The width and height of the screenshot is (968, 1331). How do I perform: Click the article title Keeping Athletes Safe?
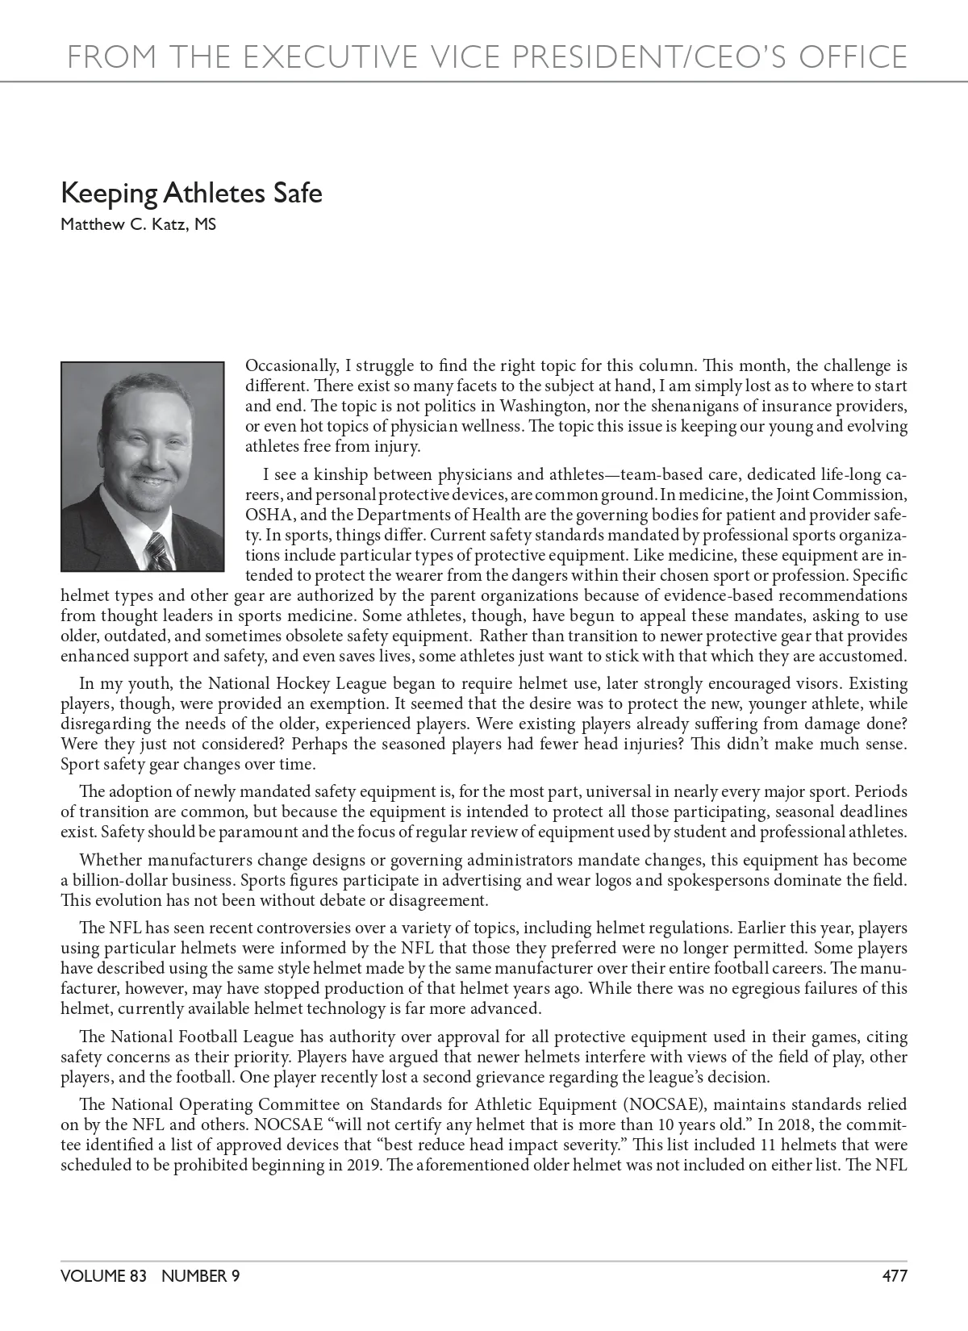click(x=191, y=194)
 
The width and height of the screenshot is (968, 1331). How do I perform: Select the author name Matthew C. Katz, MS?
click(x=138, y=224)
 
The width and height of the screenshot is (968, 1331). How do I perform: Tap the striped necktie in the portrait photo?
click(x=158, y=552)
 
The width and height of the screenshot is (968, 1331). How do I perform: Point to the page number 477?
click(x=895, y=1275)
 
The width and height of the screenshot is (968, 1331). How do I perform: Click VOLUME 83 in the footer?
click(x=103, y=1275)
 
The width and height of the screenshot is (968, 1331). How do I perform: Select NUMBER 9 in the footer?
click(x=200, y=1275)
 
